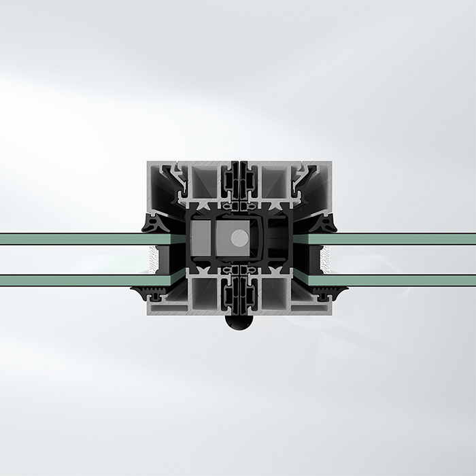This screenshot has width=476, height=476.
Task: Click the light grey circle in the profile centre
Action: click(239, 237)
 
